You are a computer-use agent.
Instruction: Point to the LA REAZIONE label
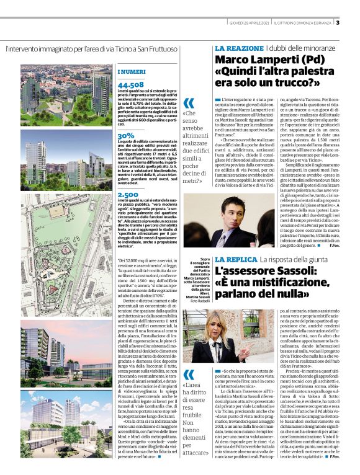point(240,48)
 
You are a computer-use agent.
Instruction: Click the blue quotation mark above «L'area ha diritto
point(189,374)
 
